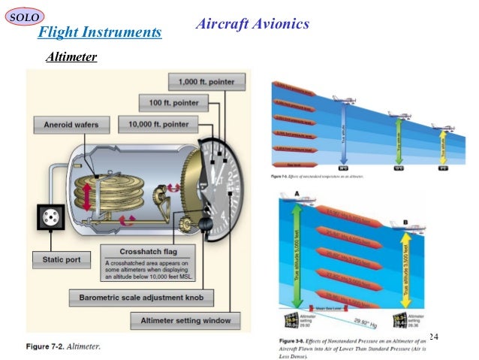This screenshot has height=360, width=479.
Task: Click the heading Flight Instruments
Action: (x=100, y=32)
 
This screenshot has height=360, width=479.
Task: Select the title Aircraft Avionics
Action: (x=252, y=24)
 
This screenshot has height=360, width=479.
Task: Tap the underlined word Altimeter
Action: (x=71, y=56)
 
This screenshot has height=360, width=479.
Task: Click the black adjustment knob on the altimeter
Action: (x=204, y=225)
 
